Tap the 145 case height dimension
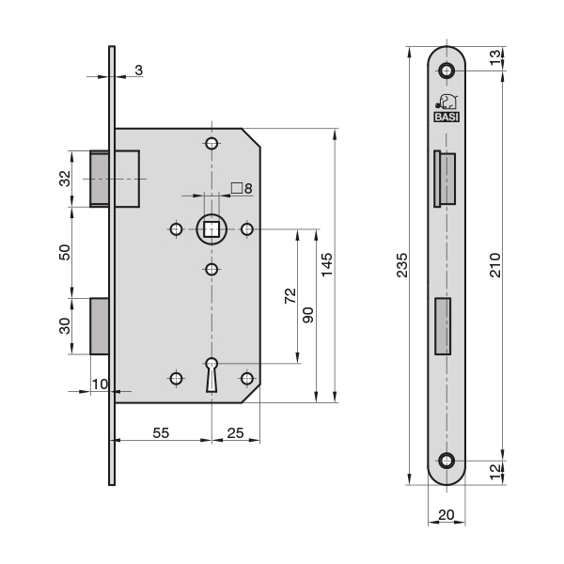pos(326,266)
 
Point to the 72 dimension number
pos(290,299)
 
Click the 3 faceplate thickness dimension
pos(138,70)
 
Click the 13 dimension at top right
pos(495,58)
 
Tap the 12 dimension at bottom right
pos(495,471)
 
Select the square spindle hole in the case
pos(211,228)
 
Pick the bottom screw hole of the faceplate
pos(446,461)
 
